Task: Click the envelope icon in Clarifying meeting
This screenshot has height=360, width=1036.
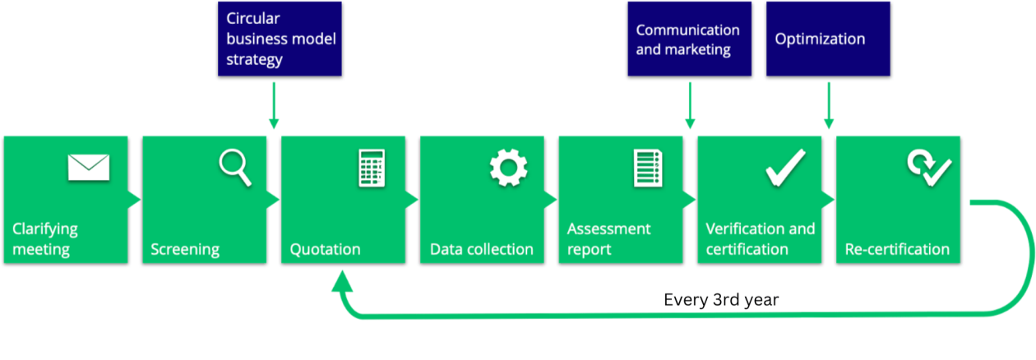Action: (89, 168)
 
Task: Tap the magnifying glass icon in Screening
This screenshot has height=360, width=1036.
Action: (234, 168)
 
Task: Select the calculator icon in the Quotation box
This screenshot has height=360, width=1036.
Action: (371, 168)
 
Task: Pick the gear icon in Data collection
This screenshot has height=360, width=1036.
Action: (508, 168)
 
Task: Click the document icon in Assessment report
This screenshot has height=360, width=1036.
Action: (648, 168)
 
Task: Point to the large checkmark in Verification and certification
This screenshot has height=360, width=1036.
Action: (785, 168)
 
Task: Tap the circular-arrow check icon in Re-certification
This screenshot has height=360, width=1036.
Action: (928, 168)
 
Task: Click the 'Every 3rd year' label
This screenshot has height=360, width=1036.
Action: (721, 300)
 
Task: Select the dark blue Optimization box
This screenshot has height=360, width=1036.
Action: (828, 39)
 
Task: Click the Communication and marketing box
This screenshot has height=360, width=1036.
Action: (689, 39)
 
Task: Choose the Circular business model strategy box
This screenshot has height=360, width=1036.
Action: (279, 39)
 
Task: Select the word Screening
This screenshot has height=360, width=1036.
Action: (185, 249)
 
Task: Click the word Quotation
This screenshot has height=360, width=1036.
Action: (325, 249)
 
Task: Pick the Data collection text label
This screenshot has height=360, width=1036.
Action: (482, 249)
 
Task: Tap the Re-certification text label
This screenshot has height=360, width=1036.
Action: (897, 249)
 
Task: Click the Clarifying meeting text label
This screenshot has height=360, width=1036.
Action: (45, 239)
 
